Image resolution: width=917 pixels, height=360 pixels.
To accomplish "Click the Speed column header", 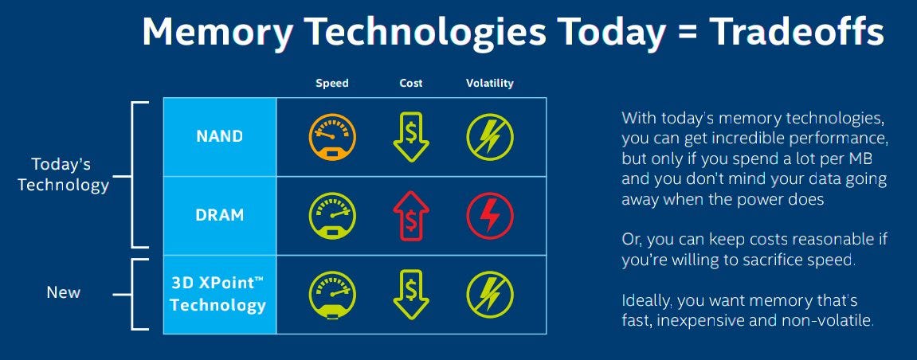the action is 331,83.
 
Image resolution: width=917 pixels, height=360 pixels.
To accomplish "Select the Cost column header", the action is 410,83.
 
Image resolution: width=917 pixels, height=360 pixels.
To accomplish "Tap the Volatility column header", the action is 489,83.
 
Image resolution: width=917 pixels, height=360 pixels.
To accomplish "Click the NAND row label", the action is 219,136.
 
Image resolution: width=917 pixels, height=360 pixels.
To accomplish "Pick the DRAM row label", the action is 219,215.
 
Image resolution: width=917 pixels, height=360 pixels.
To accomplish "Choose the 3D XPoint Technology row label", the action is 218,294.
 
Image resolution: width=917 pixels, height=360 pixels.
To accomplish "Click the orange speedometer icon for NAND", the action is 332,137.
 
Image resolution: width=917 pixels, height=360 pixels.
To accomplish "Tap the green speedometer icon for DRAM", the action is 332,216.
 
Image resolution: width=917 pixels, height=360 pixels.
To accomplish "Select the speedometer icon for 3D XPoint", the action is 332,295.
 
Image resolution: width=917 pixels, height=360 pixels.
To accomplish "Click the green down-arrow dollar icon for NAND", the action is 411,137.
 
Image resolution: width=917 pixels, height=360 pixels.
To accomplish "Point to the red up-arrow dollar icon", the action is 411,216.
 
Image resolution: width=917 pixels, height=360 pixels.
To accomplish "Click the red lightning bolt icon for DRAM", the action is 490,216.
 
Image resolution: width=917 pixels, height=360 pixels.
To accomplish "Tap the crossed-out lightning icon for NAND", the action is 490,137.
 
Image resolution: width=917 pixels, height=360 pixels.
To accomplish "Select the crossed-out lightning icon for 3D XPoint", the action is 490,295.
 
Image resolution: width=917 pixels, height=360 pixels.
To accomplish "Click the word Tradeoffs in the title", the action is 797,31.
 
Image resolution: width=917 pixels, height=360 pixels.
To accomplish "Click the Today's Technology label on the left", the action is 63,174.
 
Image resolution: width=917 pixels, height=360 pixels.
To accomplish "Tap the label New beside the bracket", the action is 64,292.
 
